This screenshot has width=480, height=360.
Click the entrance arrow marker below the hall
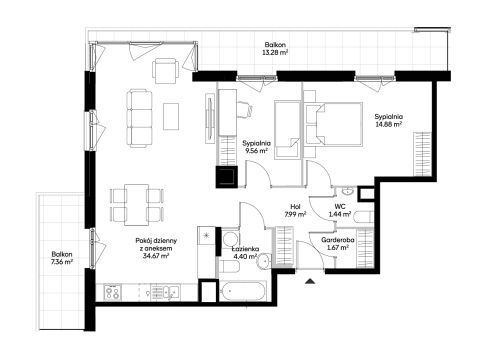[310, 281]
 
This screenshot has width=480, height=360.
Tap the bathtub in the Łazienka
[243, 292]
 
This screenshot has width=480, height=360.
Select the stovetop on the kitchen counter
[112, 292]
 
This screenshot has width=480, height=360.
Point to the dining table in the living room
[137, 205]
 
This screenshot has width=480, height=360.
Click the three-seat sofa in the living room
[139, 118]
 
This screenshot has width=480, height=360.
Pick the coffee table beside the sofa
[171, 116]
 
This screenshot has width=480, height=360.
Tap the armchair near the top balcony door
[164, 71]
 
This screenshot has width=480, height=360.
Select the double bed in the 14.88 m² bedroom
[334, 124]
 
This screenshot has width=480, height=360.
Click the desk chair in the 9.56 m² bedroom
[245, 110]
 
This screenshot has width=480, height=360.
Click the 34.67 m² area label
[156, 256]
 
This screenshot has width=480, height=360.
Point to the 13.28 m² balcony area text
[275, 52]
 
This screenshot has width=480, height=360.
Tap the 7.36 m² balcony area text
[62, 262]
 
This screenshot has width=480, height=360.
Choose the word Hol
[295, 207]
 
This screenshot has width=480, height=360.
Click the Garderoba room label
[338, 240]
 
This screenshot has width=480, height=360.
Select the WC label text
[340, 207]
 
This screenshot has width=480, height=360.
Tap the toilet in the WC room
[362, 217]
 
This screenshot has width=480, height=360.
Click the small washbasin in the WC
[348, 191]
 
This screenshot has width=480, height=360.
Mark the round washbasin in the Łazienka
[263, 260]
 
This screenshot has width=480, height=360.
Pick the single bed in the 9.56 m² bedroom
[287, 130]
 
